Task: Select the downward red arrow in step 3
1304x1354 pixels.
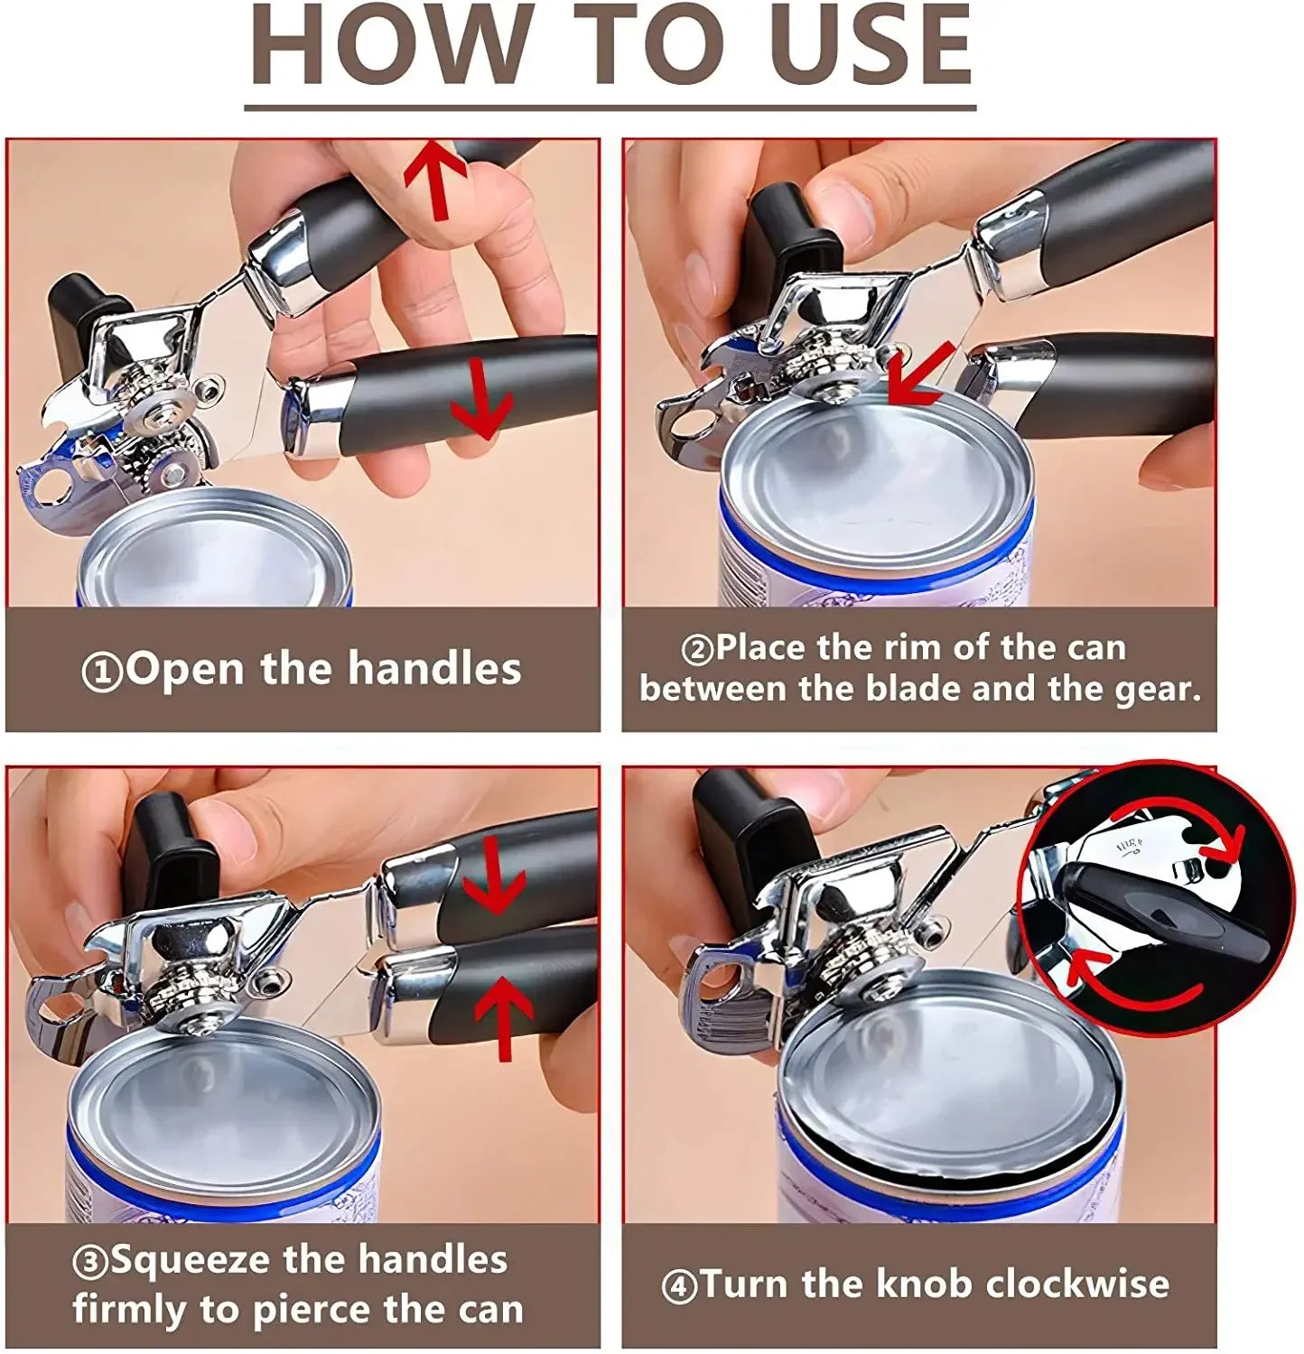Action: [x=494, y=874]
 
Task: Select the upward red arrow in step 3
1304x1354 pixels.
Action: [x=503, y=1016]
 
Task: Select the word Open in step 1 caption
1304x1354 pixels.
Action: [x=186, y=669]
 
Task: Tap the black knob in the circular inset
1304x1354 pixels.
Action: [x=1165, y=912]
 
